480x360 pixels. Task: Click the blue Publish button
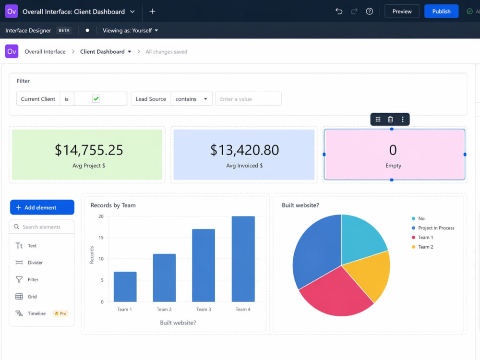441,12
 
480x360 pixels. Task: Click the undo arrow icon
338,12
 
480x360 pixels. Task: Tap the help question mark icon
369,12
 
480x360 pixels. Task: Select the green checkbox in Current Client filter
96,98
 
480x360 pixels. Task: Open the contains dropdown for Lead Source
192,99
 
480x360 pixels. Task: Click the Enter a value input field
248,99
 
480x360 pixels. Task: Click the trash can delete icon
390,120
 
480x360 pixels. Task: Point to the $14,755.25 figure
89,150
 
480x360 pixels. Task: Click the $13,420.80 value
244,150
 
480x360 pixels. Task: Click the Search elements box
42,227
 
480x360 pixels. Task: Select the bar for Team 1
125,287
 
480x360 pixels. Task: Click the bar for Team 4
243,259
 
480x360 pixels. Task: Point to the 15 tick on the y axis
101,238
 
